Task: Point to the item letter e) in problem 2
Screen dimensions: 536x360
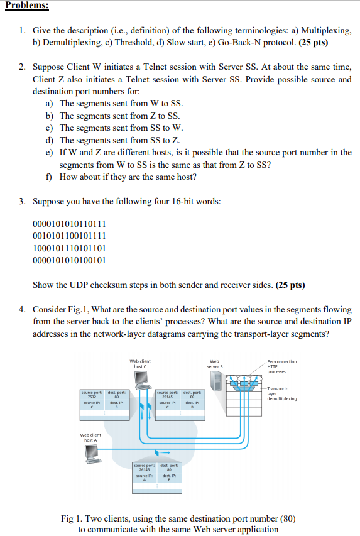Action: tap(50, 153)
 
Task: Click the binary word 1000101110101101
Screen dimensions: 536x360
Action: tap(68, 248)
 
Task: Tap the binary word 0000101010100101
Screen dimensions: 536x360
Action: tap(68, 260)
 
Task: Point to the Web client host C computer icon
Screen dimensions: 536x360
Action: tap(141, 380)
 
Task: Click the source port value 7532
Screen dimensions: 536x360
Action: tap(91, 397)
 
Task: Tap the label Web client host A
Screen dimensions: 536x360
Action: tap(91, 437)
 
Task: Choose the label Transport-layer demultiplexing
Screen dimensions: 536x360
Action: tap(281, 393)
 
